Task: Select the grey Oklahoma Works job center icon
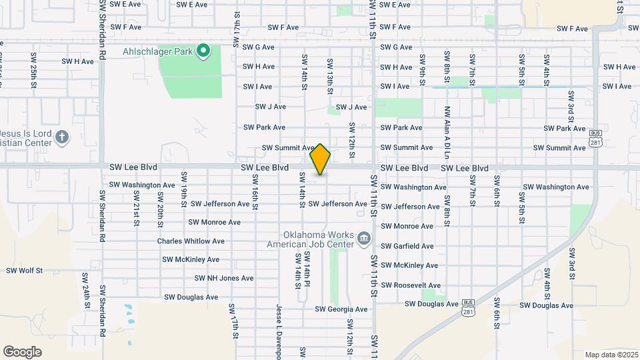click(364, 239)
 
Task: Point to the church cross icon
click(62, 137)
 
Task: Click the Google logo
click(22, 351)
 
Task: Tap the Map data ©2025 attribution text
click(611, 355)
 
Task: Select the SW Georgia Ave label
click(341, 309)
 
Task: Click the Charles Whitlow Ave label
click(191, 241)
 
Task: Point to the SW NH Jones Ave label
click(224, 278)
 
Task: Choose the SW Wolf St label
click(24, 271)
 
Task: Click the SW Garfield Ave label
click(407, 246)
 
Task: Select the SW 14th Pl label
click(307, 267)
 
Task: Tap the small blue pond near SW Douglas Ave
click(127, 311)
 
